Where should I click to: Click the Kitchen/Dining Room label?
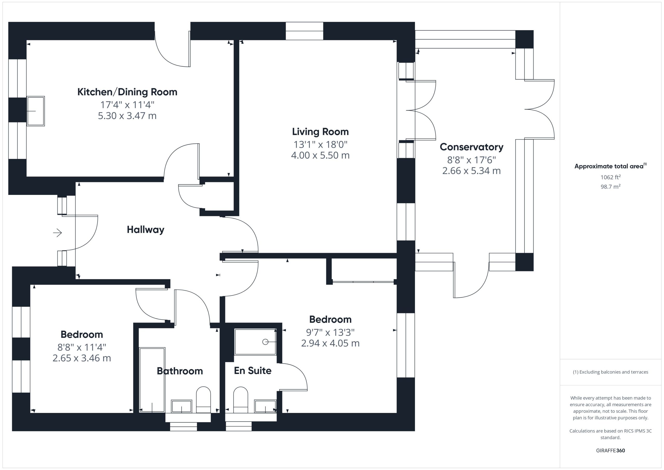[x=127, y=92]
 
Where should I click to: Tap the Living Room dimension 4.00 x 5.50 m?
[x=320, y=155]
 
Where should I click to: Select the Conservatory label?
[x=471, y=147]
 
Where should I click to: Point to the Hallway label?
[x=146, y=230]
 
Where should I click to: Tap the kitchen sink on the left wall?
[x=36, y=111]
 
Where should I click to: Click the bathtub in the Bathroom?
[x=152, y=380]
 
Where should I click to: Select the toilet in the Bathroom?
[x=204, y=399]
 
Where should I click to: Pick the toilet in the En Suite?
[x=241, y=400]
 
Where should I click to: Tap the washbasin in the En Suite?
[x=265, y=406]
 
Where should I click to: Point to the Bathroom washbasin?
[x=182, y=406]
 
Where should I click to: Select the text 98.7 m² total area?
[x=611, y=187]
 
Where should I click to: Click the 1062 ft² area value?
[x=611, y=177]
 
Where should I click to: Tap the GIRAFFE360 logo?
[x=611, y=450]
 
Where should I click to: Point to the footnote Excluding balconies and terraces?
[x=611, y=372]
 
